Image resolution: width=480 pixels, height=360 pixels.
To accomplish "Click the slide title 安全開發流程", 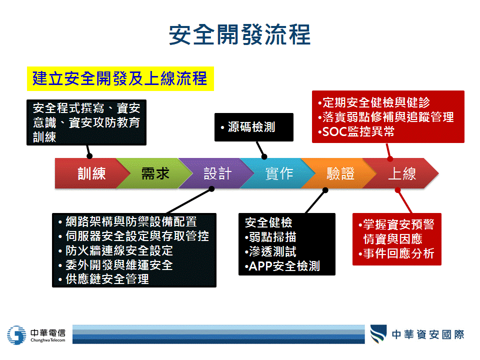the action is pyautogui.click(x=239, y=34).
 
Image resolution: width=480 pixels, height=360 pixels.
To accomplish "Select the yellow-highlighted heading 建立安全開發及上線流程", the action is pyautogui.click(x=120, y=78).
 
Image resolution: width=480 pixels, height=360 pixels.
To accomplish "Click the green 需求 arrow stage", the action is pyautogui.click(x=155, y=173).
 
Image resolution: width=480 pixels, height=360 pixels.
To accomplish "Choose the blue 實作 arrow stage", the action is pyautogui.click(x=279, y=173).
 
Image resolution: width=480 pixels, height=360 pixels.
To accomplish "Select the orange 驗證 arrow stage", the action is pyautogui.click(x=340, y=173).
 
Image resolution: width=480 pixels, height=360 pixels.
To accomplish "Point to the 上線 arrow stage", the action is pyautogui.click(x=401, y=173).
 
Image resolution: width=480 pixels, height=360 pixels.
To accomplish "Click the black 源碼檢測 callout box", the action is pyautogui.click(x=254, y=127).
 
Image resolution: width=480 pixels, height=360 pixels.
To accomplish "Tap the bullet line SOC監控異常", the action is pyautogui.click(x=356, y=131).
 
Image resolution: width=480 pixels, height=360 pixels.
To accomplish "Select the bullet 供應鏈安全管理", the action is pyautogui.click(x=104, y=279).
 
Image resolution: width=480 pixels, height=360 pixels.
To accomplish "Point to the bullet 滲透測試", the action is pyautogui.click(x=270, y=251).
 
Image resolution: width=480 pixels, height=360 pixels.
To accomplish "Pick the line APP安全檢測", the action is pyautogui.click(x=282, y=266).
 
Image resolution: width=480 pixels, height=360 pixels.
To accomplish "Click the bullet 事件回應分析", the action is pyautogui.click(x=396, y=253).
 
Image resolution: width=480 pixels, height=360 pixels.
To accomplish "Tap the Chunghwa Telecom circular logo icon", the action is pyautogui.click(x=17, y=335).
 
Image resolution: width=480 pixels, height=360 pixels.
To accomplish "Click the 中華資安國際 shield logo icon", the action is pyautogui.click(x=378, y=334).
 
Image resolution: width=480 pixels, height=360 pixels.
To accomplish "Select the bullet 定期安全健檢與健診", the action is pyautogui.click(x=374, y=102).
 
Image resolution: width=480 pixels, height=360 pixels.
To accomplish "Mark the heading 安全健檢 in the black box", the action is pyautogui.click(x=268, y=222).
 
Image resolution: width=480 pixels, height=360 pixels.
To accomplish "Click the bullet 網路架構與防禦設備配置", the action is pyautogui.click(x=127, y=221).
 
